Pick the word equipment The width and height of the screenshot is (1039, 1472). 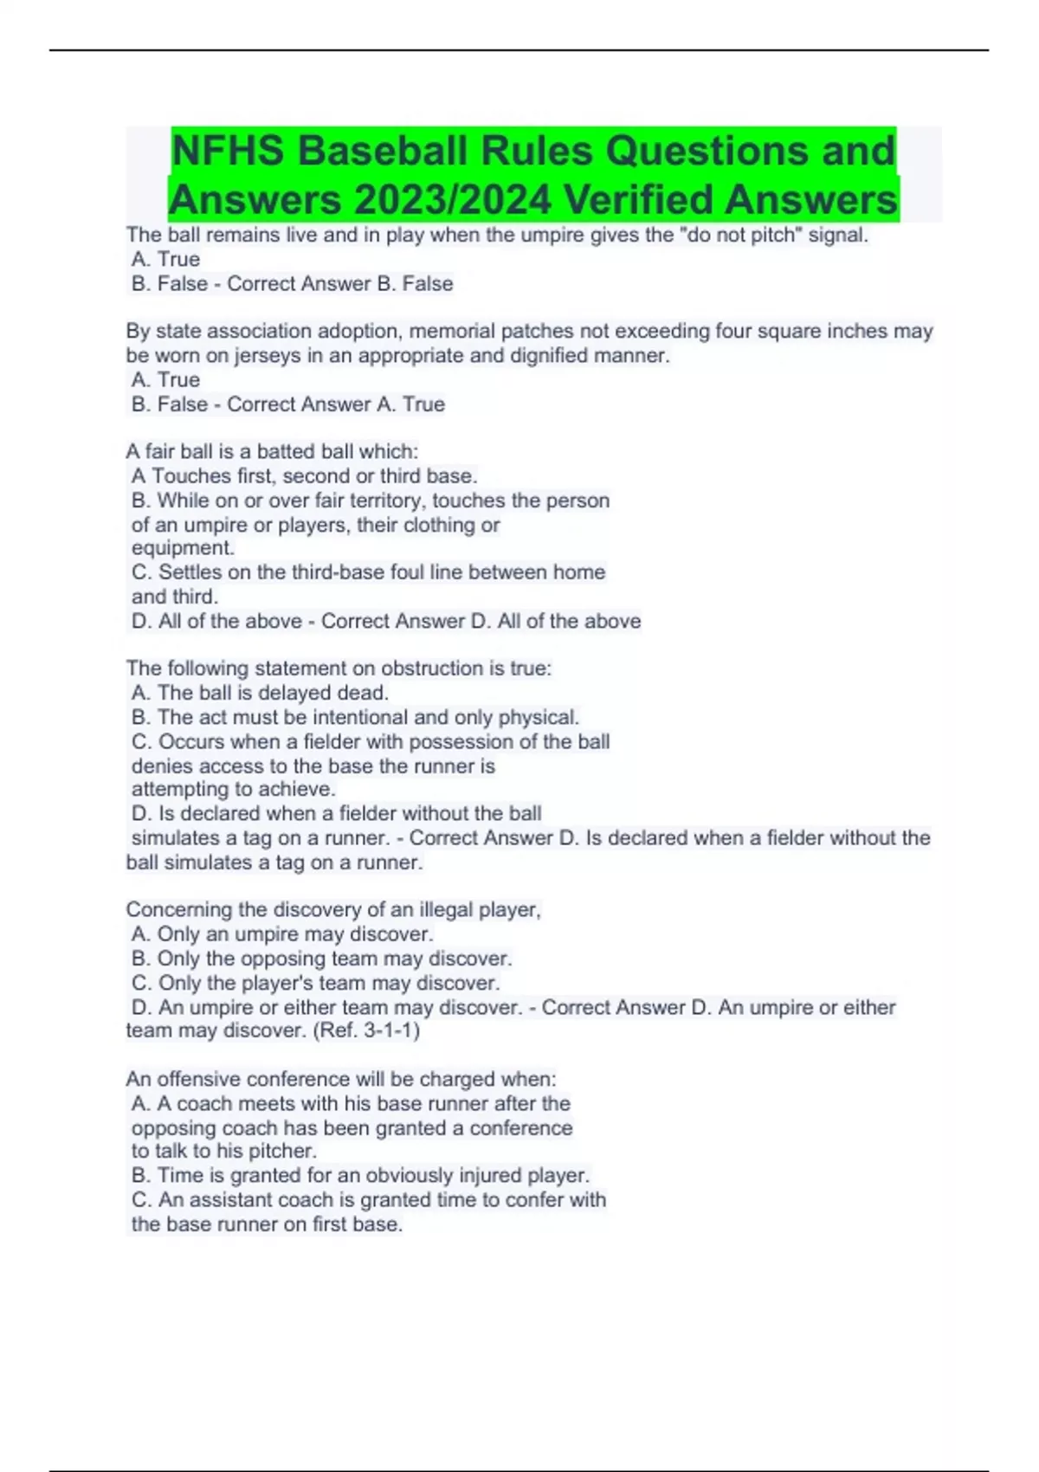point(182,548)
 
